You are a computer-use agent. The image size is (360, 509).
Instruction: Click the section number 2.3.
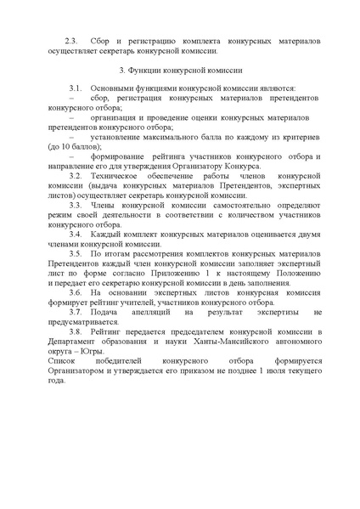(72, 41)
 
